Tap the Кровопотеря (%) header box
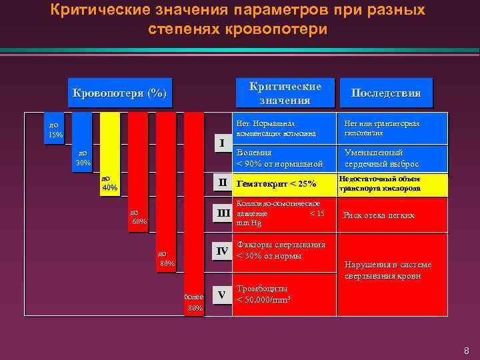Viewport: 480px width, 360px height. pos(120,93)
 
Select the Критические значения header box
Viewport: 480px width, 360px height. pos(285,93)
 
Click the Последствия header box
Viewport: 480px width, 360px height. pos(386,93)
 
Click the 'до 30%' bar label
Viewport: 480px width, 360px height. pos(83,157)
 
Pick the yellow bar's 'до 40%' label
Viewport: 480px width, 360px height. pos(109,183)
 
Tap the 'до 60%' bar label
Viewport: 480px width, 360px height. pos(139,217)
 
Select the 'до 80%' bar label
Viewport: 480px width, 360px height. pos(167,259)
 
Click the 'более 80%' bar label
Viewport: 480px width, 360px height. pos(194,302)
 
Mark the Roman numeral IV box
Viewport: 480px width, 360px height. pos(223,251)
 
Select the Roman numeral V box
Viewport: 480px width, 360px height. pos(223,295)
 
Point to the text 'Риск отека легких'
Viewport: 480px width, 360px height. pos(379,215)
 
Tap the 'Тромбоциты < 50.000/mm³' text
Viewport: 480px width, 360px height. pos(264,294)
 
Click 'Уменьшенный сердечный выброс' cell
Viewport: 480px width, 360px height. pos(381,158)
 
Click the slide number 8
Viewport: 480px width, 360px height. pos(466,351)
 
